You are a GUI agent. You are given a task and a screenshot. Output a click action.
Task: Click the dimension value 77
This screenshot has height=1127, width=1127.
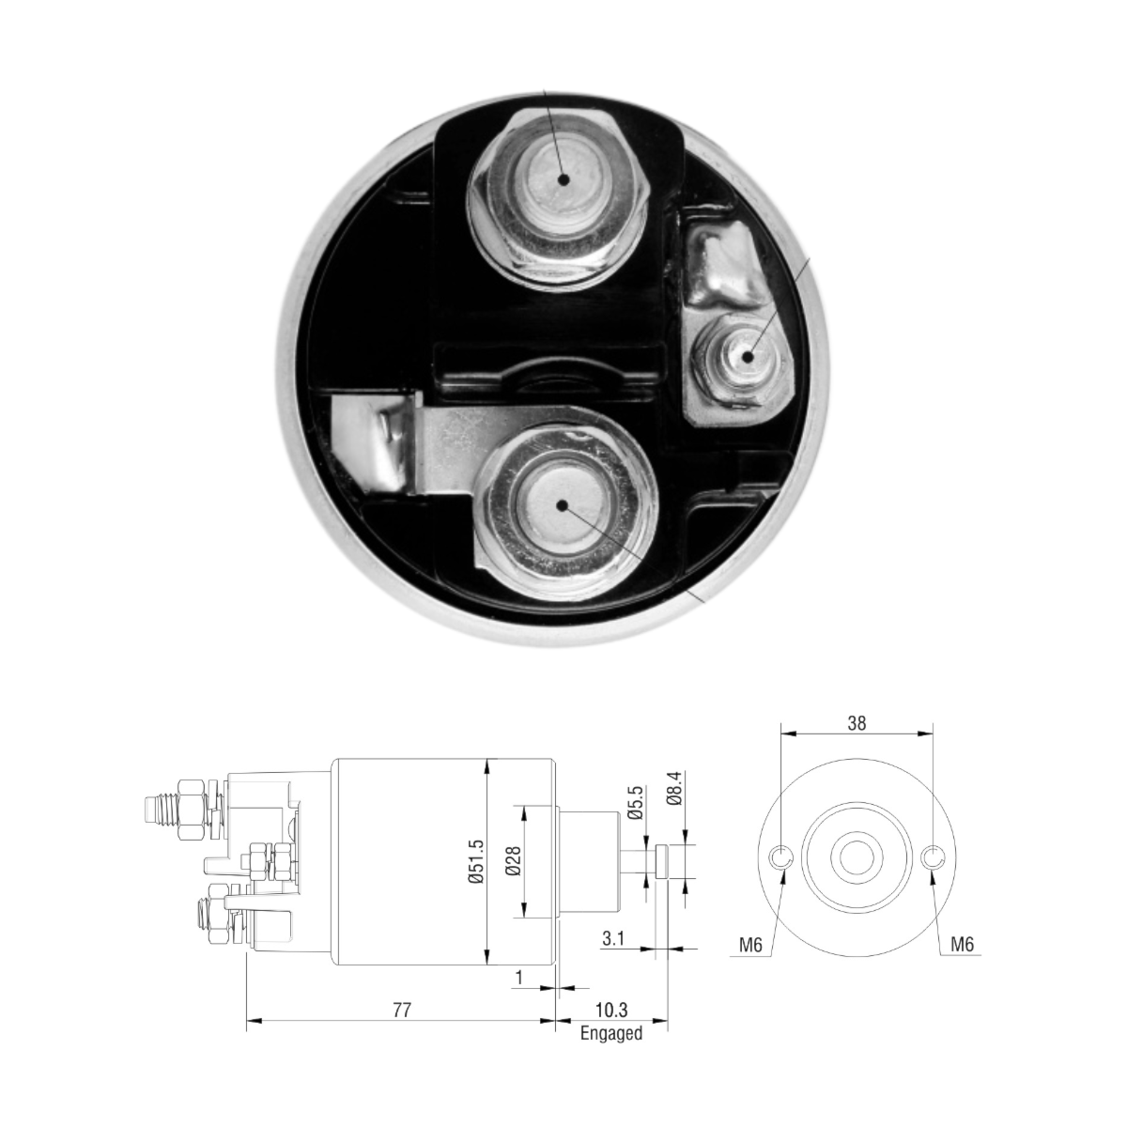[x=401, y=1011]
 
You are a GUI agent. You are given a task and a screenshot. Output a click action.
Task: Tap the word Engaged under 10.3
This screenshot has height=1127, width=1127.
[x=611, y=1034]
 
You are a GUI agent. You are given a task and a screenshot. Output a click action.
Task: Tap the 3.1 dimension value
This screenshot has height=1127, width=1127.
[x=613, y=937]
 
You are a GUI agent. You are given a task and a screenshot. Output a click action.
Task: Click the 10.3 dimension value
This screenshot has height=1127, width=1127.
[x=611, y=1011]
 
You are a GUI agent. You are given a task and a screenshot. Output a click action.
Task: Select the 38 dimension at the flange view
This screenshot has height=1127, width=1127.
[x=857, y=723]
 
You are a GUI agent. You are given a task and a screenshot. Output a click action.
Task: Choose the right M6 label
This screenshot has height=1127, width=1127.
[x=961, y=946]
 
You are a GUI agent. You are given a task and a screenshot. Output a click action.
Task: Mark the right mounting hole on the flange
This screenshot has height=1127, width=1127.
[x=932, y=857]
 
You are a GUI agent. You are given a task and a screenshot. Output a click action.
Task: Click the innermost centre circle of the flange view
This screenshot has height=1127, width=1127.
[x=857, y=857]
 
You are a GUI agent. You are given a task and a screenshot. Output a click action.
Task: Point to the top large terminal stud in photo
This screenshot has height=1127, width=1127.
[x=562, y=179]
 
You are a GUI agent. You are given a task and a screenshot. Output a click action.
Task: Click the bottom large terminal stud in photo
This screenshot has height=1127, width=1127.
[x=562, y=505]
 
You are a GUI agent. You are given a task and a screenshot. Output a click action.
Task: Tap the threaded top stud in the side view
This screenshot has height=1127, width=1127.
[x=158, y=810]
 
